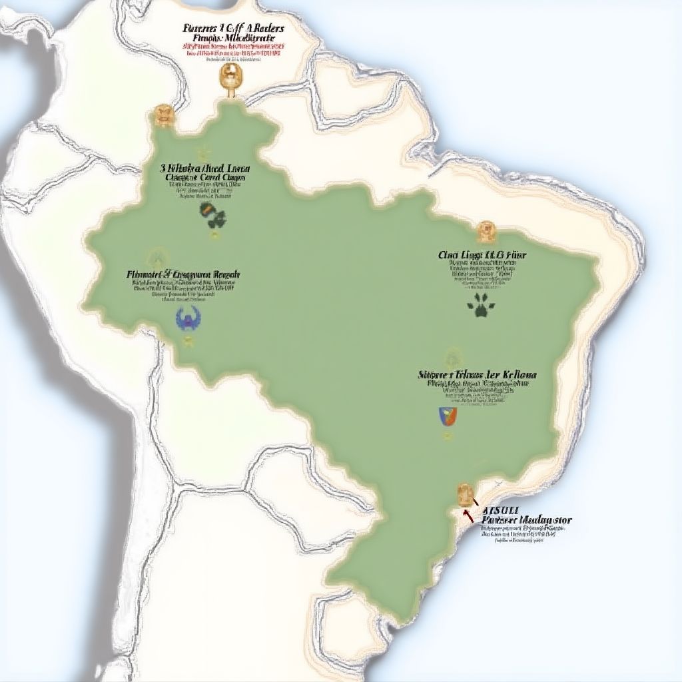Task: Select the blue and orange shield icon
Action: tap(448, 416)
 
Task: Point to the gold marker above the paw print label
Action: tap(486, 230)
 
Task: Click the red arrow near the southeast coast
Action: tap(468, 514)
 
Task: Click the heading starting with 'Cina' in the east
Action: tap(482, 254)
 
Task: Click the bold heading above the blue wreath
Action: tap(183, 274)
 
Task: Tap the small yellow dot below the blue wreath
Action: tap(188, 342)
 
